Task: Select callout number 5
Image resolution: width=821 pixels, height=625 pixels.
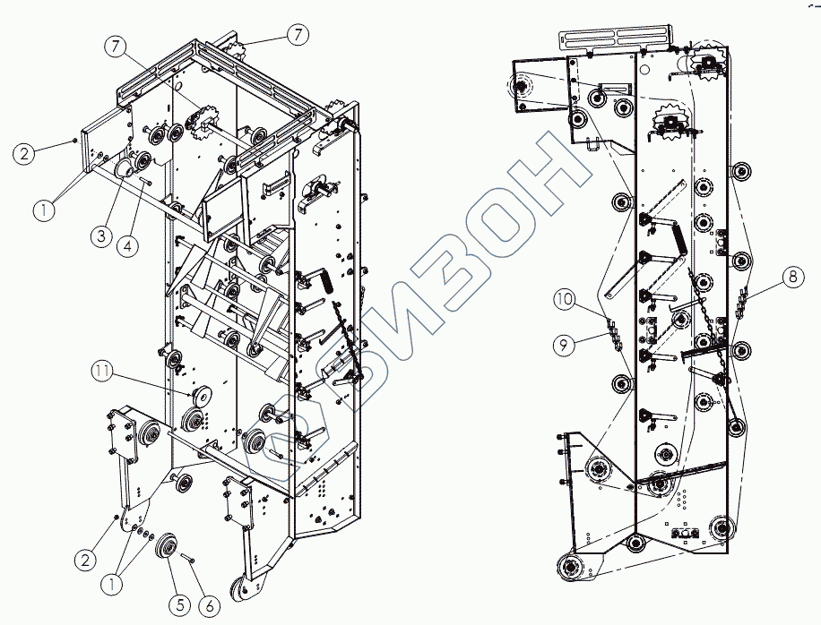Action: (179, 604)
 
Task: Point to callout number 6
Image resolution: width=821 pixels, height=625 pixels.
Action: (209, 604)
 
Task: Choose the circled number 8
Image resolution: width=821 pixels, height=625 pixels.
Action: (791, 278)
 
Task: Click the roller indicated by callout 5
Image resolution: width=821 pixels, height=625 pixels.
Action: (168, 548)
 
